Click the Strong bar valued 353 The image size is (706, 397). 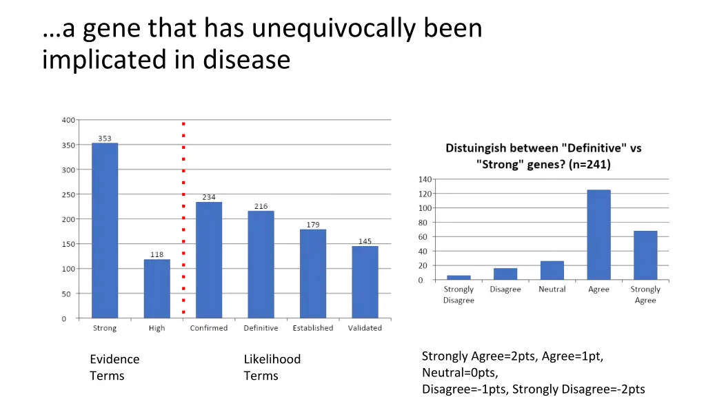(105, 230)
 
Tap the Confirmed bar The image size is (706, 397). (209, 260)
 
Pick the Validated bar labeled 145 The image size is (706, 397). (365, 282)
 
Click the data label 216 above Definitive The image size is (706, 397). (261, 206)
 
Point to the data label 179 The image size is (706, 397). (313, 225)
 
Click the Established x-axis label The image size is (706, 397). (312, 328)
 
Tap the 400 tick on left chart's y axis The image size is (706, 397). (68, 120)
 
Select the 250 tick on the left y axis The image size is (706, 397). (68, 194)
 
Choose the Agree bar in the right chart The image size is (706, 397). (598, 234)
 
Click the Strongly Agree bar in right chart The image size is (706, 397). (645, 255)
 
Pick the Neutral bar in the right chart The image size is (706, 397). (552, 270)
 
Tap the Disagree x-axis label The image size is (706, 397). (505, 289)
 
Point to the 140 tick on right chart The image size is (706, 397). (425, 179)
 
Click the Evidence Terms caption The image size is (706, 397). (114, 367)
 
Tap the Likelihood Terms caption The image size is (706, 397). (272, 367)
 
